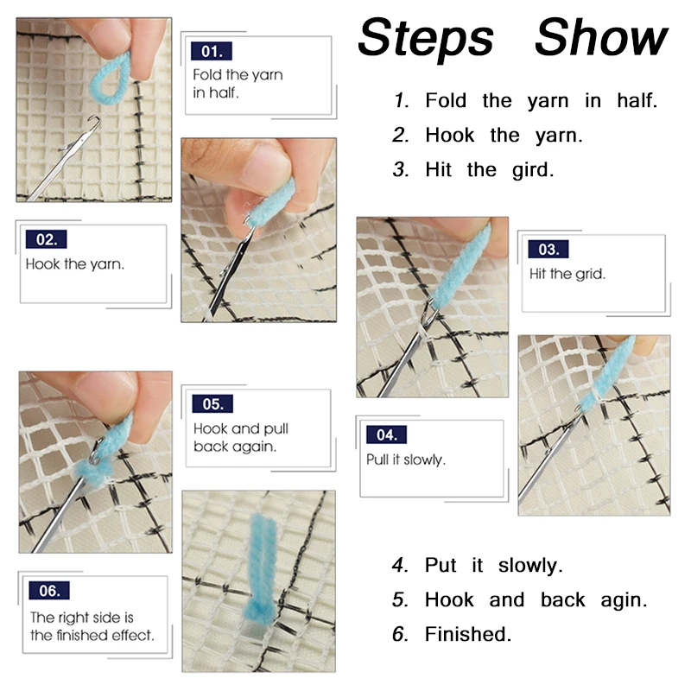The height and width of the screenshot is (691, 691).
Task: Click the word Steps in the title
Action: coord(426,39)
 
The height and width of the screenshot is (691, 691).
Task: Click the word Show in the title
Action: coord(601,37)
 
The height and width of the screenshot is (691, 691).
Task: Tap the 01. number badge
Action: coord(212,51)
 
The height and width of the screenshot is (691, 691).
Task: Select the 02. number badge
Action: coord(47,239)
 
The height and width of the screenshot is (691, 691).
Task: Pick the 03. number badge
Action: coord(548,250)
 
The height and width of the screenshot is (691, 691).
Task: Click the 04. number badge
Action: coord(386,435)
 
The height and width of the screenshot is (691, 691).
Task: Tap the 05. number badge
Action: coord(212,403)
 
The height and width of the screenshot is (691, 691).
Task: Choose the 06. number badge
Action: coord(49,591)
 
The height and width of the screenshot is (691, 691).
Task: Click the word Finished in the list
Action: coord(467,634)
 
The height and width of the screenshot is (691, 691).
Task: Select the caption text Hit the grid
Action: coord(567,274)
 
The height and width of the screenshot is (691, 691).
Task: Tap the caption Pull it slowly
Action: coord(406,460)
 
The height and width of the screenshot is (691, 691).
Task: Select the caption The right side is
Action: coord(82,618)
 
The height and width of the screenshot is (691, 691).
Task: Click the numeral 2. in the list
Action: coord(400,136)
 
